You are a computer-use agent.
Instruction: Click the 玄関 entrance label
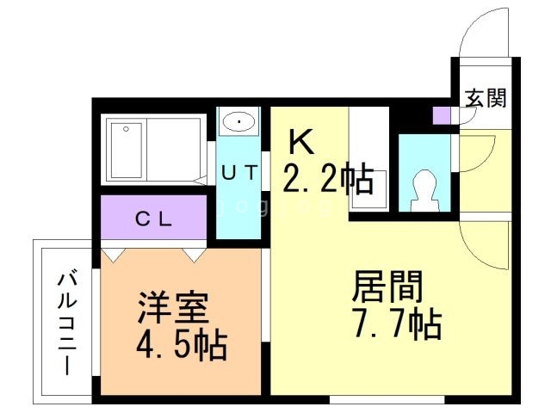[x=486, y=97]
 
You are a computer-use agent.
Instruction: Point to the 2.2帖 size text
[x=328, y=179]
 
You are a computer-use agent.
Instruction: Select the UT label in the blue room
[x=238, y=172]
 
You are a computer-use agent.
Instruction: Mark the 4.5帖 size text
[x=181, y=345]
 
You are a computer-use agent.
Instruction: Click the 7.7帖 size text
[x=396, y=325]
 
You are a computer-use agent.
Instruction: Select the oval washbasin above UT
[x=238, y=121]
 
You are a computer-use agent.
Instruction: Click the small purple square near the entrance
[x=441, y=115]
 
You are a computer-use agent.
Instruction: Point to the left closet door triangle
[x=113, y=255]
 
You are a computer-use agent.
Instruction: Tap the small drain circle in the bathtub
[x=126, y=129]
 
